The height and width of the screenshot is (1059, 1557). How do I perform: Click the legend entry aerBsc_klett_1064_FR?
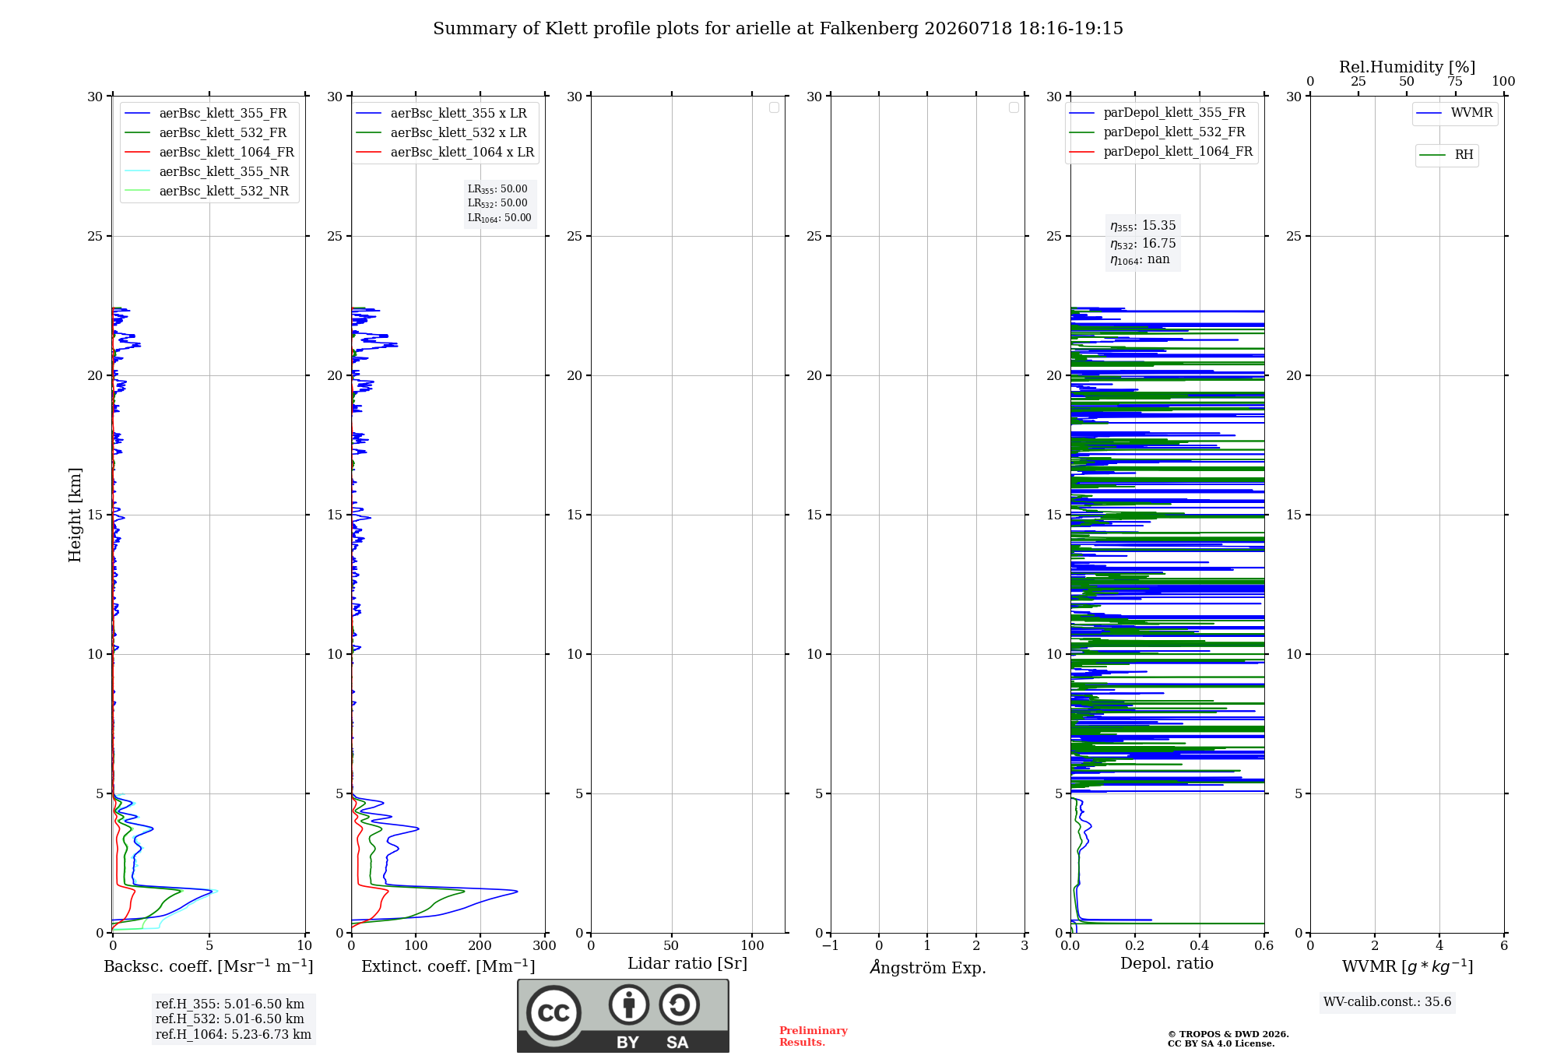tap(209, 153)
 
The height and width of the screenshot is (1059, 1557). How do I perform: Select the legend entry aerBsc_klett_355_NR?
tap(206, 172)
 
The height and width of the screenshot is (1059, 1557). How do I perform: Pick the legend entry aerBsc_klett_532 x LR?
tap(441, 133)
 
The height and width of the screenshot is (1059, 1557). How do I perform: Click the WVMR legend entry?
tap(1454, 113)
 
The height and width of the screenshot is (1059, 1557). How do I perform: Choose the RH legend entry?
tap(1446, 155)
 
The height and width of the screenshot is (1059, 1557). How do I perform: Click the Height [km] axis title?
tap(75, 515)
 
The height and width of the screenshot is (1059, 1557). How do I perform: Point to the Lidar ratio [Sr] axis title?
tap(687, 963)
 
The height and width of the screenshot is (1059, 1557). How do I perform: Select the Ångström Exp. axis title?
tap(928, 967)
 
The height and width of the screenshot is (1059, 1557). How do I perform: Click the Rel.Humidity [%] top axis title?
tap(1408, 67)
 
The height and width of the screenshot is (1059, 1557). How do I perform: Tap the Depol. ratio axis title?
tap(1167, 963)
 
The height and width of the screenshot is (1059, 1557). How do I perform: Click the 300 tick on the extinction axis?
tap(545, 946)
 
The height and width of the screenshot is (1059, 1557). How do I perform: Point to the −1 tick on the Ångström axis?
tap(831, 946)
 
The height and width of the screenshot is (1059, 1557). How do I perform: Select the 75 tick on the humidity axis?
tap(1455, 82)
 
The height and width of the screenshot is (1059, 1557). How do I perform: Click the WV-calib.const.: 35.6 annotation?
tap(1387, 1002)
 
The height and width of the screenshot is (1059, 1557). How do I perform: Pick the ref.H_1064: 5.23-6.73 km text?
tap(234, 1035)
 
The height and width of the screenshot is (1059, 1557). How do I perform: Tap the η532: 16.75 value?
tap(1143, 244)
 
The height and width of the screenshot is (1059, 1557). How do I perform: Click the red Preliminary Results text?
tap(814, 1036)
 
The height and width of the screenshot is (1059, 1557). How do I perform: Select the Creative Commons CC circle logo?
tap(554, 1013)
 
